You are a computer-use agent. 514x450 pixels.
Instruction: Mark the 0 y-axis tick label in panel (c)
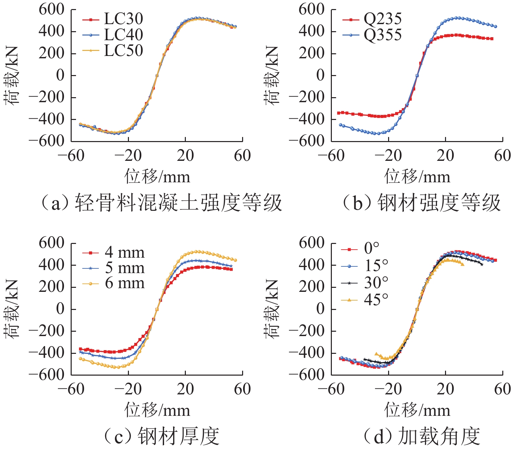pos(60,309)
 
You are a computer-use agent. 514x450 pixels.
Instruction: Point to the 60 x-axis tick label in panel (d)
pos(502,389)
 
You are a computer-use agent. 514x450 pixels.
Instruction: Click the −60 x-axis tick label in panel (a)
pos(71,155)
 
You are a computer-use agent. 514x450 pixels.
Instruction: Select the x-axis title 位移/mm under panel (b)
pos(417,177)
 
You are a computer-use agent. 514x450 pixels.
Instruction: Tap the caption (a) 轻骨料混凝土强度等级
pos(161,203)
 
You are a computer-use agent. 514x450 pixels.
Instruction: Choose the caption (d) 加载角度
pos(422,436)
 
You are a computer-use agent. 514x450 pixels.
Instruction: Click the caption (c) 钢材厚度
pos(161,436)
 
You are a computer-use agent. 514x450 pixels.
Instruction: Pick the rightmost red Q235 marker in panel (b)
pos(492,39)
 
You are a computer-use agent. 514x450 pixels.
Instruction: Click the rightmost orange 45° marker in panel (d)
pos(462,264)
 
